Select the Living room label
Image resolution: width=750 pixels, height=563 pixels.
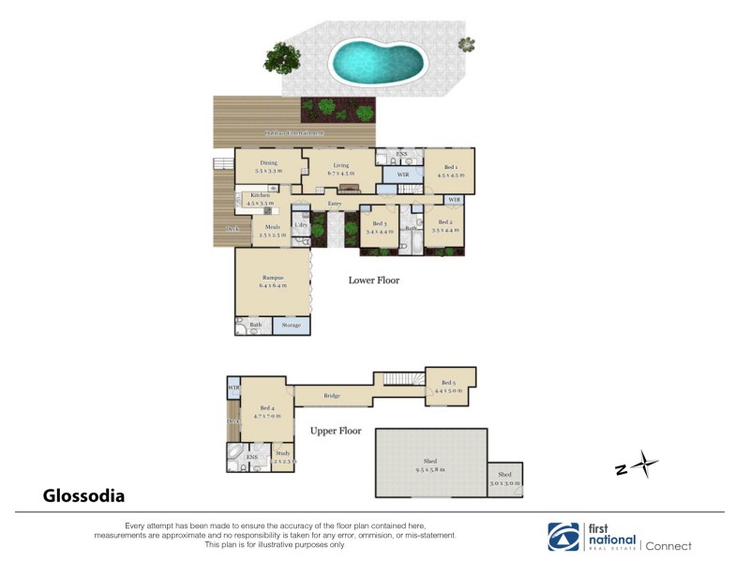341,164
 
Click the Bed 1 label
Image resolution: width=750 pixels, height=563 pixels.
450,166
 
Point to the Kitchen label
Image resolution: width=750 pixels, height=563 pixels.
260,195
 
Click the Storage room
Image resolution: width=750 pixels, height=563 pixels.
292,325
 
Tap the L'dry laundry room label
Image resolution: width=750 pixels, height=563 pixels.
301,225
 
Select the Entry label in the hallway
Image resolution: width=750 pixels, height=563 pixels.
335,204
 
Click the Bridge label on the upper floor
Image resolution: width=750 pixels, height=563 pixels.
332,396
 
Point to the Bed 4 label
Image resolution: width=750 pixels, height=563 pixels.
267,408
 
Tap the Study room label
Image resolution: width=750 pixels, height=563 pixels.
282,453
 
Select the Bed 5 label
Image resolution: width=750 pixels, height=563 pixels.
449,382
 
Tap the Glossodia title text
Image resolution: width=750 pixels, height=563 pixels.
83,495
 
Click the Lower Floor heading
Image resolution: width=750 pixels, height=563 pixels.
374,280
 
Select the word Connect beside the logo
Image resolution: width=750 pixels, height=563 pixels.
669,546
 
